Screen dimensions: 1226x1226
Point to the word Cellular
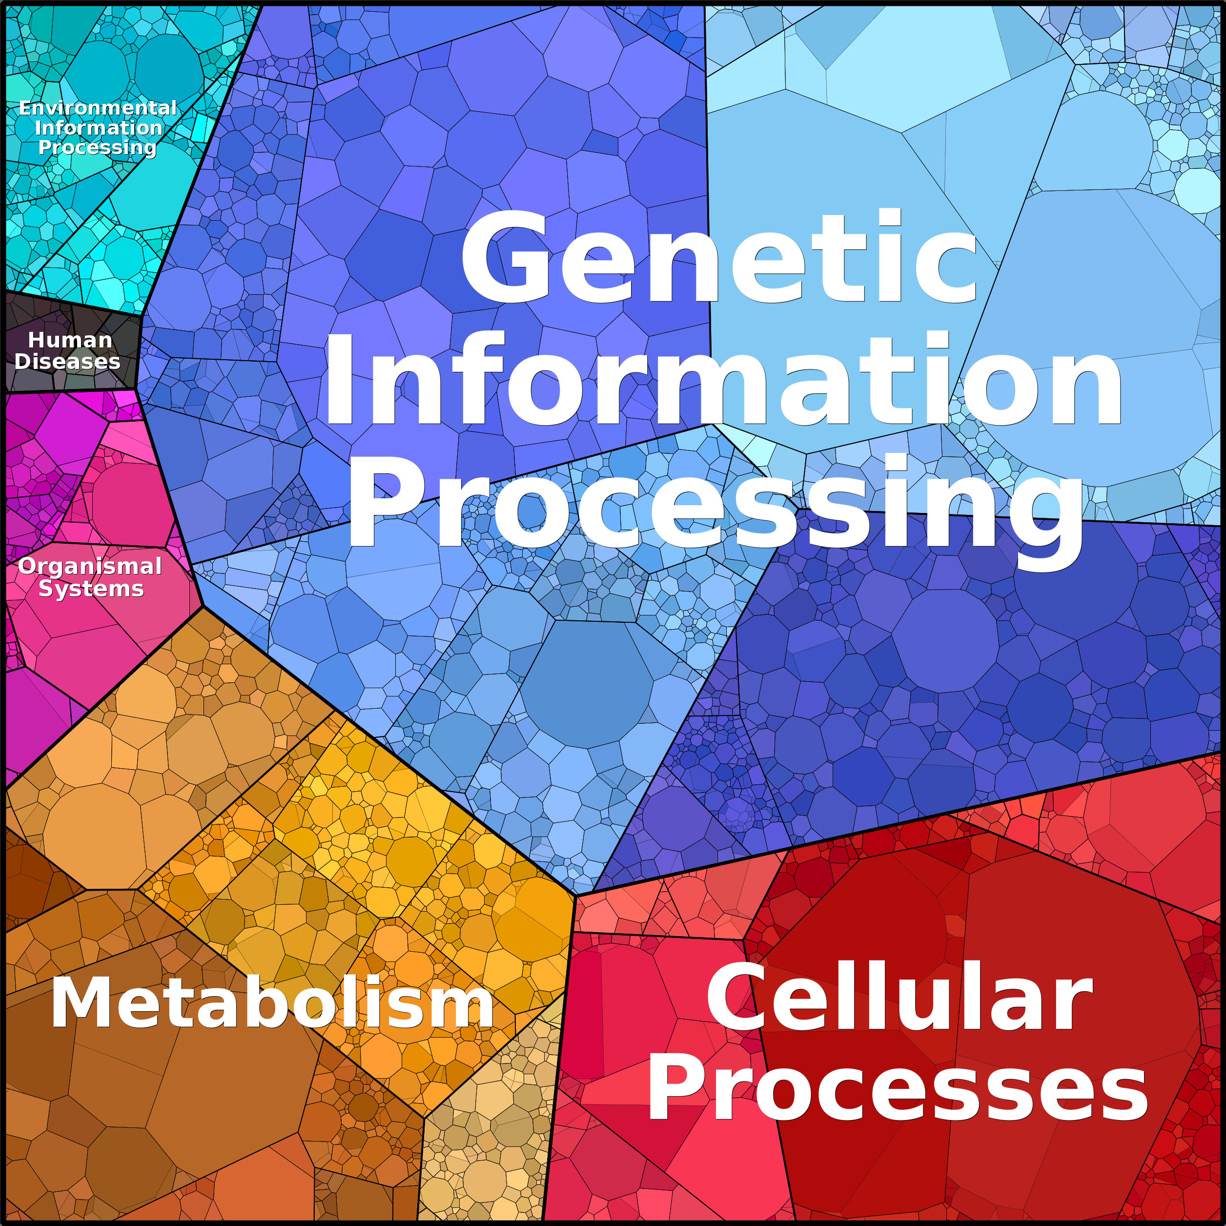point(899,997)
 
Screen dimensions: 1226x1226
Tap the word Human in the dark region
point(70,340)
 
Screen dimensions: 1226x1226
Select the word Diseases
point(67,361)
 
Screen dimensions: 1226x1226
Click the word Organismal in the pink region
point(90,566)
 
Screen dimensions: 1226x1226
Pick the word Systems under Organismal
point(91,589)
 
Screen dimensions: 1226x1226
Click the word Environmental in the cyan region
point(98,108)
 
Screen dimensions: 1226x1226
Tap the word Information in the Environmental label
point(99,127)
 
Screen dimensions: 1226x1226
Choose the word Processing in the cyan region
point(97,147)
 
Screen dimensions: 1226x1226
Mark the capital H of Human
point(36,340)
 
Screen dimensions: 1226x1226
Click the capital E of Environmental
point(25,108)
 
